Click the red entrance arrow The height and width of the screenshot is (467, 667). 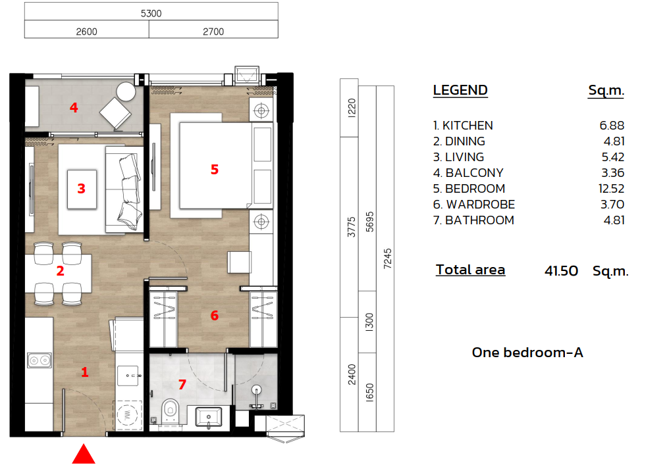(84, 455)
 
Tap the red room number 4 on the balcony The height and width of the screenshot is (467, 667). (74, 107)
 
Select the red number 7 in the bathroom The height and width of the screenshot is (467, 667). (182, 385)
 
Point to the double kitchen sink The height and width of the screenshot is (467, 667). (40, 360)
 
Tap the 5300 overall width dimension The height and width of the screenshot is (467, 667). (151, 12)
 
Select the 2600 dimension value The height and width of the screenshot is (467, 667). (87, 31)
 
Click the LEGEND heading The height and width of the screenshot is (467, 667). (460, 91)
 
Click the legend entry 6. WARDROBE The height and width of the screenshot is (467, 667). (474, 205)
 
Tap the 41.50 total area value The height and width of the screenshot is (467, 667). (561, 270)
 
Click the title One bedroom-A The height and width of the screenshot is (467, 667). (527, 353)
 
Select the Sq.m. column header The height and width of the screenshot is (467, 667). (606, 91)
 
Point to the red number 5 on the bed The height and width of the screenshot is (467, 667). (214, 170)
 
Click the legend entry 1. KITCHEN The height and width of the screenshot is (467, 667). (463, 126)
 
